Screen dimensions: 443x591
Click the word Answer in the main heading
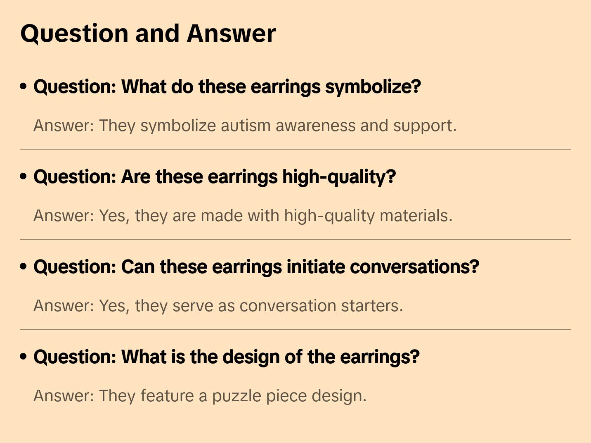point(231,33)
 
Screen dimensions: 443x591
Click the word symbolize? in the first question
point(373,87)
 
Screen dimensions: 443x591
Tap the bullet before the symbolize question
point(24,86)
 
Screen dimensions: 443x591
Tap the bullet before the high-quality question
point(24,176)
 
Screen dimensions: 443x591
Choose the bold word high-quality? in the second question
point(339,177)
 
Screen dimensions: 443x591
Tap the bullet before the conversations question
point(24,267)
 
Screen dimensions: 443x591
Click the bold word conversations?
point(414,267)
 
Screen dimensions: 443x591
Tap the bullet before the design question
point(24,357)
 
